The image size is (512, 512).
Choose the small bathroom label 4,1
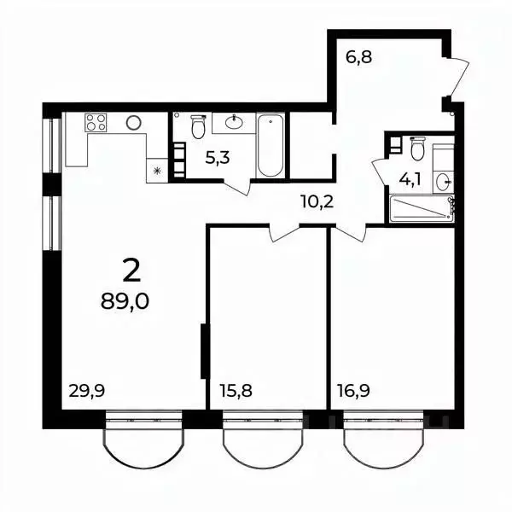click(412, 180)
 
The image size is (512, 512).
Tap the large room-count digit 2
click(131, 271)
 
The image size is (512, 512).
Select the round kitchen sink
click(133, 123)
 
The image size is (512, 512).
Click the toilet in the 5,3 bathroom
click(198, 127)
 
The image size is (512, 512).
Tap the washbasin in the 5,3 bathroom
click(235, 123)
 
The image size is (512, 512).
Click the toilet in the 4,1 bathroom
click(417, 149)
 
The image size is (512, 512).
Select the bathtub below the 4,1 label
click(420, 209)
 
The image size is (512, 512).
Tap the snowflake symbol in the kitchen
click(157, 171)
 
